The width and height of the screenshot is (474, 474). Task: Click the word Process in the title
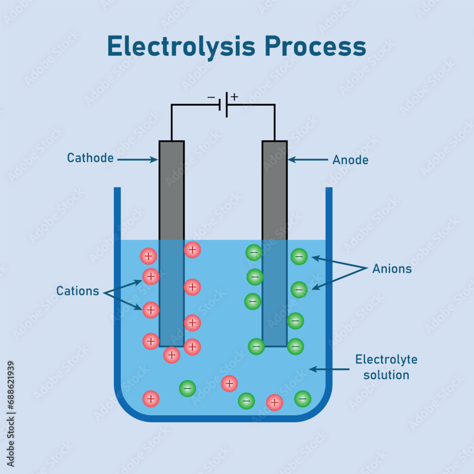point(315,47)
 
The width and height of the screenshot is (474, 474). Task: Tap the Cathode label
point(90,158)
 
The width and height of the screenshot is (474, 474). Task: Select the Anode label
point(350,160)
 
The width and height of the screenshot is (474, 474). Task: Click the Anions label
point(392,269)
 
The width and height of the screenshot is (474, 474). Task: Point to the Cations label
point(78,291)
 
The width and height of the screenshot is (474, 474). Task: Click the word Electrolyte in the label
point(386,359)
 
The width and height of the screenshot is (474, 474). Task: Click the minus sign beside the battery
point(211,98)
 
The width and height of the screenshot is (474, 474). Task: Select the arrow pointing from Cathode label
point(137,160)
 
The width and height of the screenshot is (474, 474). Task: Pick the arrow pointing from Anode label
point(308,160)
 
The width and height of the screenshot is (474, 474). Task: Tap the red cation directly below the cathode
point(172,355)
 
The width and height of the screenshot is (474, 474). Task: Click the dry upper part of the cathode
point(172,190)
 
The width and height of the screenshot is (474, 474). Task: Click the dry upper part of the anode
point(274,190)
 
